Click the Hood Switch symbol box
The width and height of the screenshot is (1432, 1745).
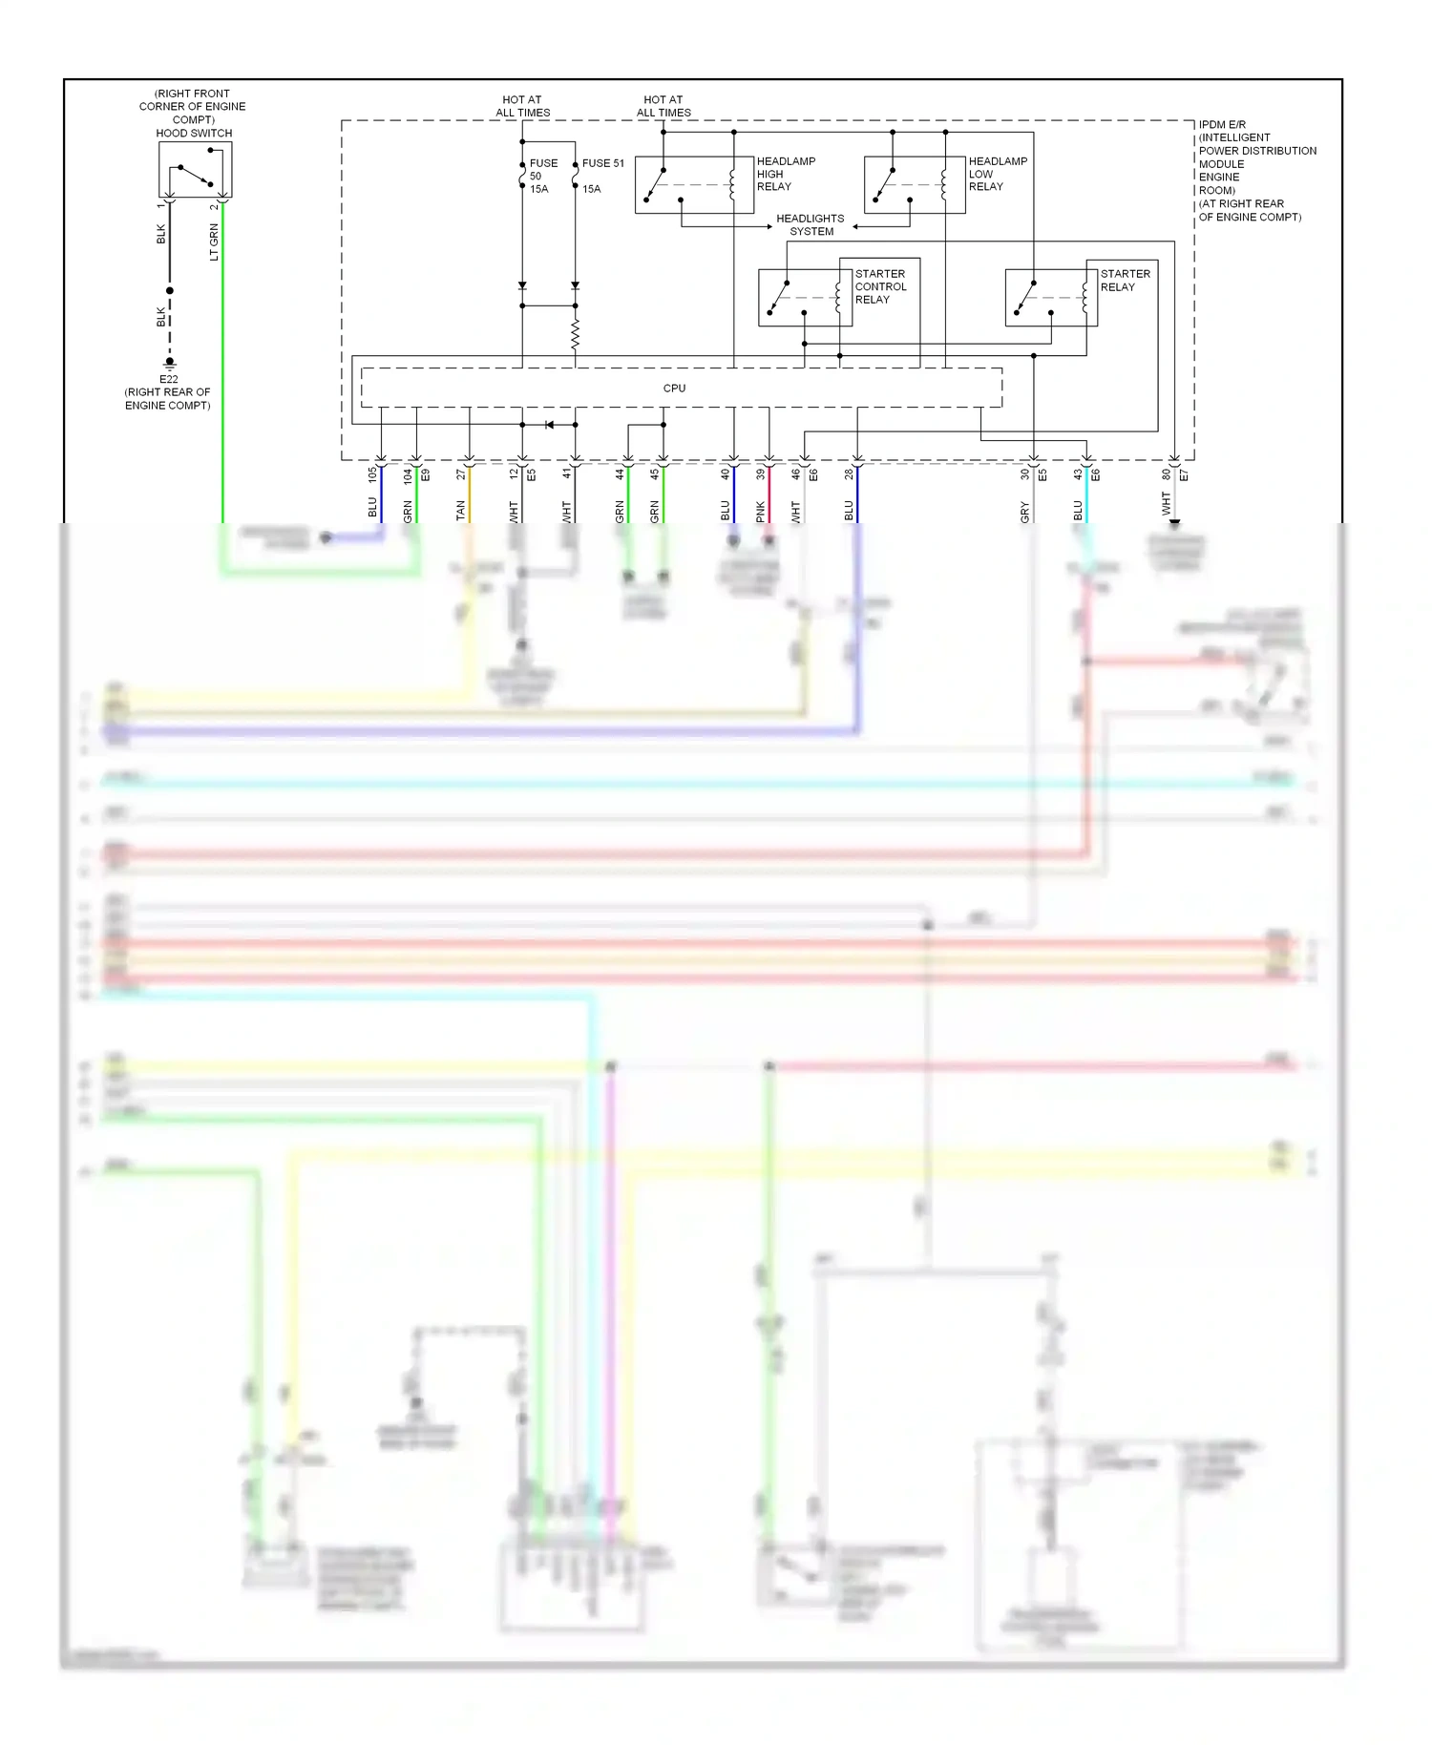click(x=195, y=170)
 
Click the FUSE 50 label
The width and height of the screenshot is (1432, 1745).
click(x=543, y=163)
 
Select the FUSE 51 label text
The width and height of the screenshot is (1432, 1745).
click(x=602, y=163)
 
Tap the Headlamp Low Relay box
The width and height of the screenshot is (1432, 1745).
click(x=915, y=184)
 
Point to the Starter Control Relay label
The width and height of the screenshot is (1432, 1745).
click(x=880, y=286)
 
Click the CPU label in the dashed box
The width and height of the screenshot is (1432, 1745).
click(x=674, y=389)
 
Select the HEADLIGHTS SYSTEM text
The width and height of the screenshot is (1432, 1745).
click(x=810, y=225)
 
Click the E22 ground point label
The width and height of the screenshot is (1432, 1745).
click(x=169, y=379)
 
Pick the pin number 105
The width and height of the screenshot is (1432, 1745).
click(x=372, y=473)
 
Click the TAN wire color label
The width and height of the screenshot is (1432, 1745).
click(x=460, y=511)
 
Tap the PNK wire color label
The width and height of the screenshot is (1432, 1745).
click(x=761, y=512)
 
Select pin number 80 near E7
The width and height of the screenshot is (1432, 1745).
click(x=1166, y=473)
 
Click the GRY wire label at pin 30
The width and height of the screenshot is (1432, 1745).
click(x=1025, y=512)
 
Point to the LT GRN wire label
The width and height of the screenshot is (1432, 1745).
click(x=214, y=242)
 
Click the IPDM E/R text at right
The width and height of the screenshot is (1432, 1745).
click(x=1222, y=125)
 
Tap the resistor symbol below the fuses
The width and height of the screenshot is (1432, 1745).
click(x=575, y=335)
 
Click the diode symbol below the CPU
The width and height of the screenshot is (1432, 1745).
click(x=549, y=424)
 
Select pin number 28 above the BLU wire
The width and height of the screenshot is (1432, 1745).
click(x=849, y=473)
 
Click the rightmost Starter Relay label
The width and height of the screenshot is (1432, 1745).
click(x=1125, y=280)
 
